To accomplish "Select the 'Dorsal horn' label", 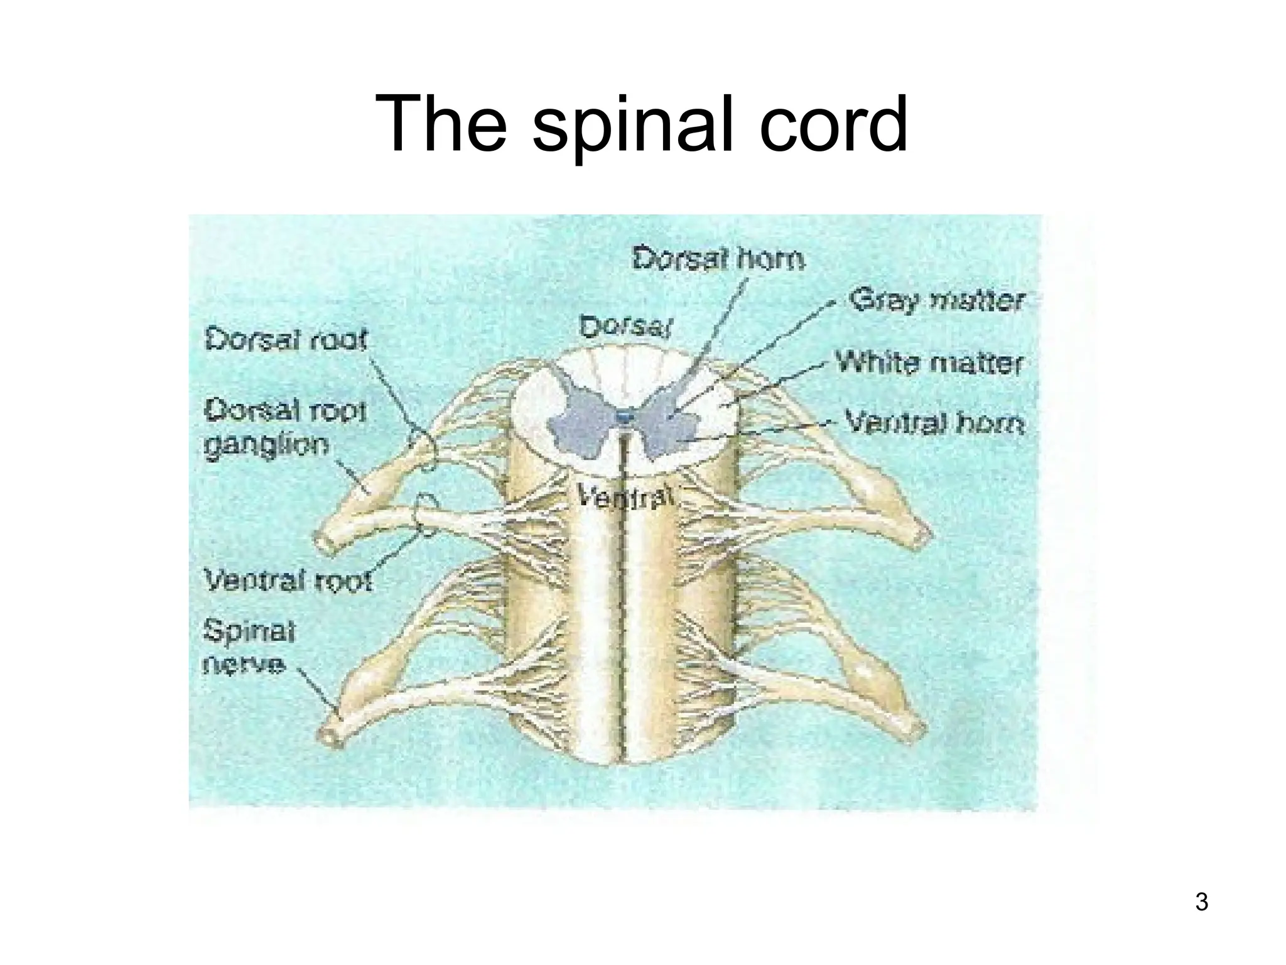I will [x=717, y=259].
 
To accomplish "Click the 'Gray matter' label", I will [x=936, y=301].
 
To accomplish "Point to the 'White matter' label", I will [x=928, y=363].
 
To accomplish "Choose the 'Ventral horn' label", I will [x=934, y=422].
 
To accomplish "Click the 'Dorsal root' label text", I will [x=286, y=341].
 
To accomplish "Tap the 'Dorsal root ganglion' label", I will [x=284, y=428].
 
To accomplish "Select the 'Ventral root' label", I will [x=288, y=581].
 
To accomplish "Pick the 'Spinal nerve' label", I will [x=249, y=647].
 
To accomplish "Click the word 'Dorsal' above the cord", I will [x=625, y=327].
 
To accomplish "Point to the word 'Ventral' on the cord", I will [x=625, y=499].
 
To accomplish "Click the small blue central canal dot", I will [x=624, y=416].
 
